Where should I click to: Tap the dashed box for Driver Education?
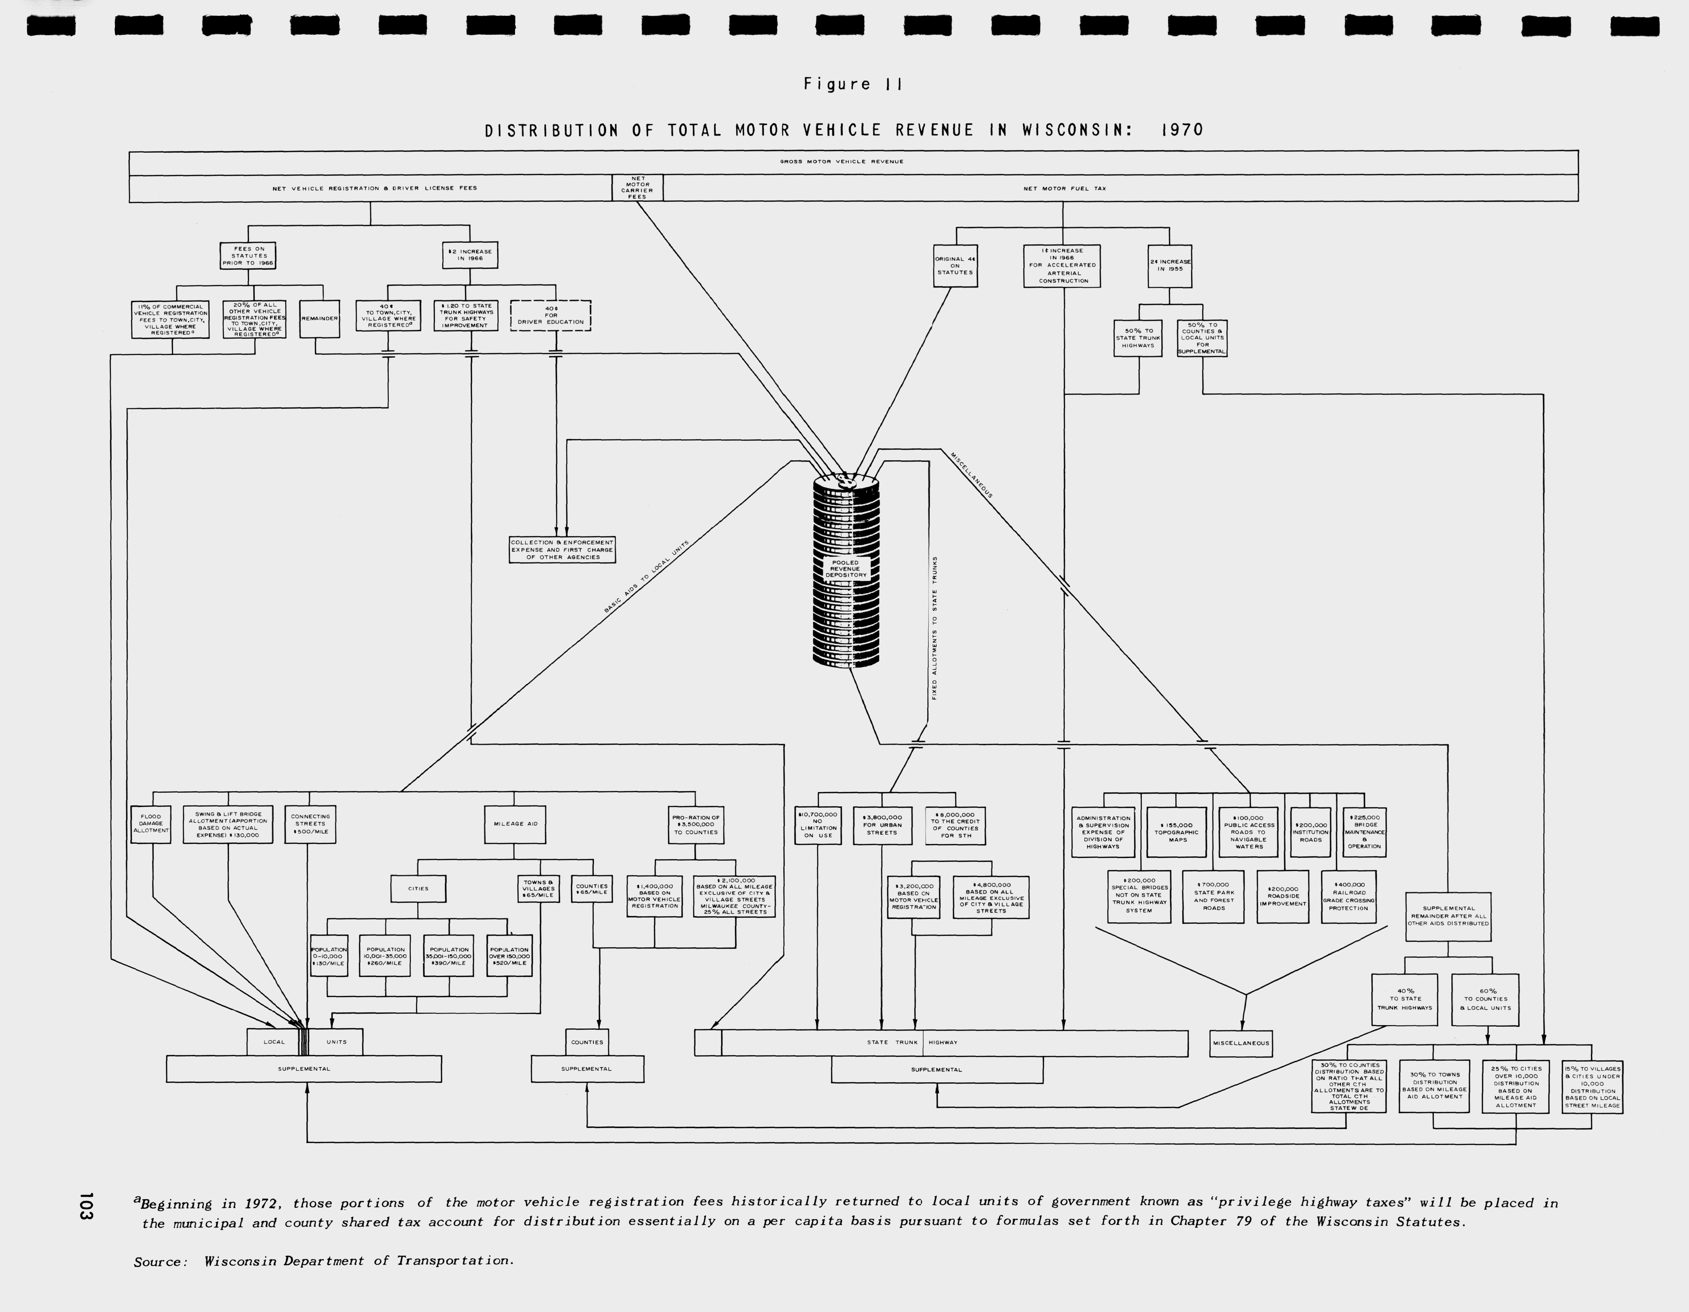tap(551, 316)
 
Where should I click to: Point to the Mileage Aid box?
tap(515, 824)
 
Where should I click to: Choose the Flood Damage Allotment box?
tap(151, 824)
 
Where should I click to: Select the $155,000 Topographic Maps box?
tap(1176, 832)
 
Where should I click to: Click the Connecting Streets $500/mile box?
tap(310, 824)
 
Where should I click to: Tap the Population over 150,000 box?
tap(509, 956)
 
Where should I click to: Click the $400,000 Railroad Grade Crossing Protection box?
tap(1349, 897)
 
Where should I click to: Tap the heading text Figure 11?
tap(852, 84)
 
